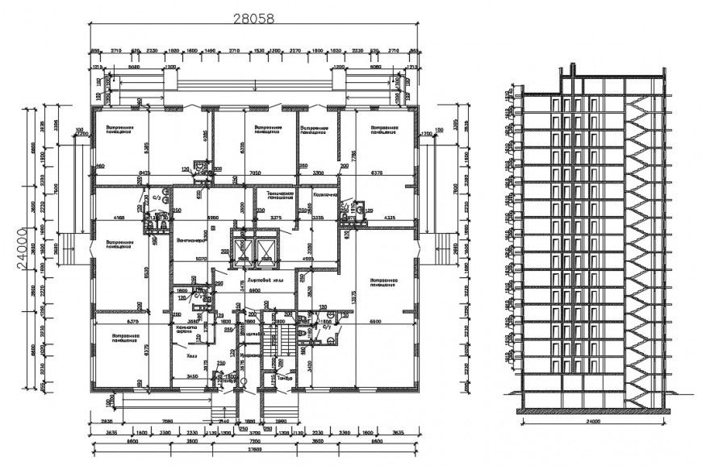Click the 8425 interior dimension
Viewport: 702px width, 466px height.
(145, 173)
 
